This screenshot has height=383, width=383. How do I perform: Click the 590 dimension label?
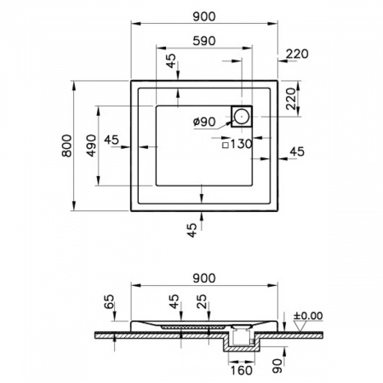(x=204, y=41)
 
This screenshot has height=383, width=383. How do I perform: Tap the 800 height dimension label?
(x=66, y=146)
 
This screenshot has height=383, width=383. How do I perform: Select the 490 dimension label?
(x=91, y=146)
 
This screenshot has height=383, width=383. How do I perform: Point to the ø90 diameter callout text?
(x=204, y=122)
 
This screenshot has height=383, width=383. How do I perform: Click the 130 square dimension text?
(x=241, y=144)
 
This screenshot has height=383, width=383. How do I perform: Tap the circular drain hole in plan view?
(x=242, y=117)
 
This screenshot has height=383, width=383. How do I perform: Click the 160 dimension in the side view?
(x=241, y=370)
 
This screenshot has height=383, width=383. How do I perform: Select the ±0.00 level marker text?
(x=308, y=316)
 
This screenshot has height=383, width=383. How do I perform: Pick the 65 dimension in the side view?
(x=109, y=301)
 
